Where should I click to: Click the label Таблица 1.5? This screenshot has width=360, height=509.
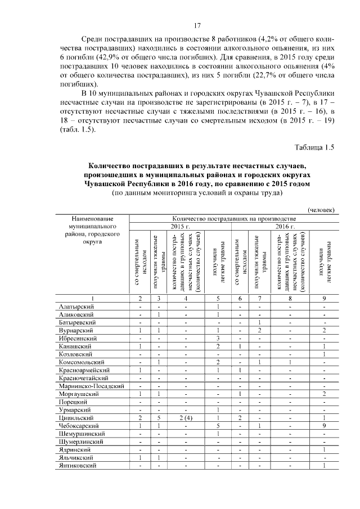tap(314, 147)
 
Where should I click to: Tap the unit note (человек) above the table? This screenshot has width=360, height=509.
tap(321, 210)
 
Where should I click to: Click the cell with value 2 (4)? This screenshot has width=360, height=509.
tap(186, 418)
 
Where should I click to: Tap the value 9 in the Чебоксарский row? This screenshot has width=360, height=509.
tap(325, 426)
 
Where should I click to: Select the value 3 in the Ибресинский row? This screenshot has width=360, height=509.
tap(217, 339)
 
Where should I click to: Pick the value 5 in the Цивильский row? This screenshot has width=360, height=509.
tap(159, 418)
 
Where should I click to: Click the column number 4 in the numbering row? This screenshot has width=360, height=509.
tap(186, 298)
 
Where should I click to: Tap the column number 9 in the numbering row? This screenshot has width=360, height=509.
tap(325, 298)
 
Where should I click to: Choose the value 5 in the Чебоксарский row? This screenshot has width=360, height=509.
tap(217, 426)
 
